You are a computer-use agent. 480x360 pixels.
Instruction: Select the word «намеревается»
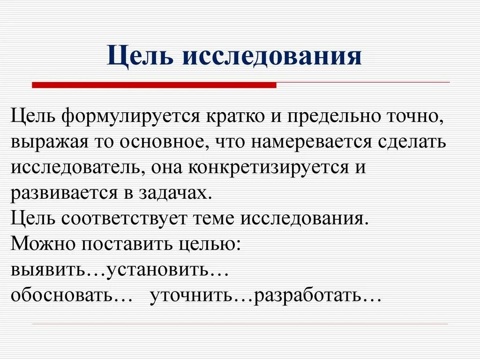coord(310,142)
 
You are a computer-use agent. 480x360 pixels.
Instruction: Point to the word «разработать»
coord(307,296)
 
